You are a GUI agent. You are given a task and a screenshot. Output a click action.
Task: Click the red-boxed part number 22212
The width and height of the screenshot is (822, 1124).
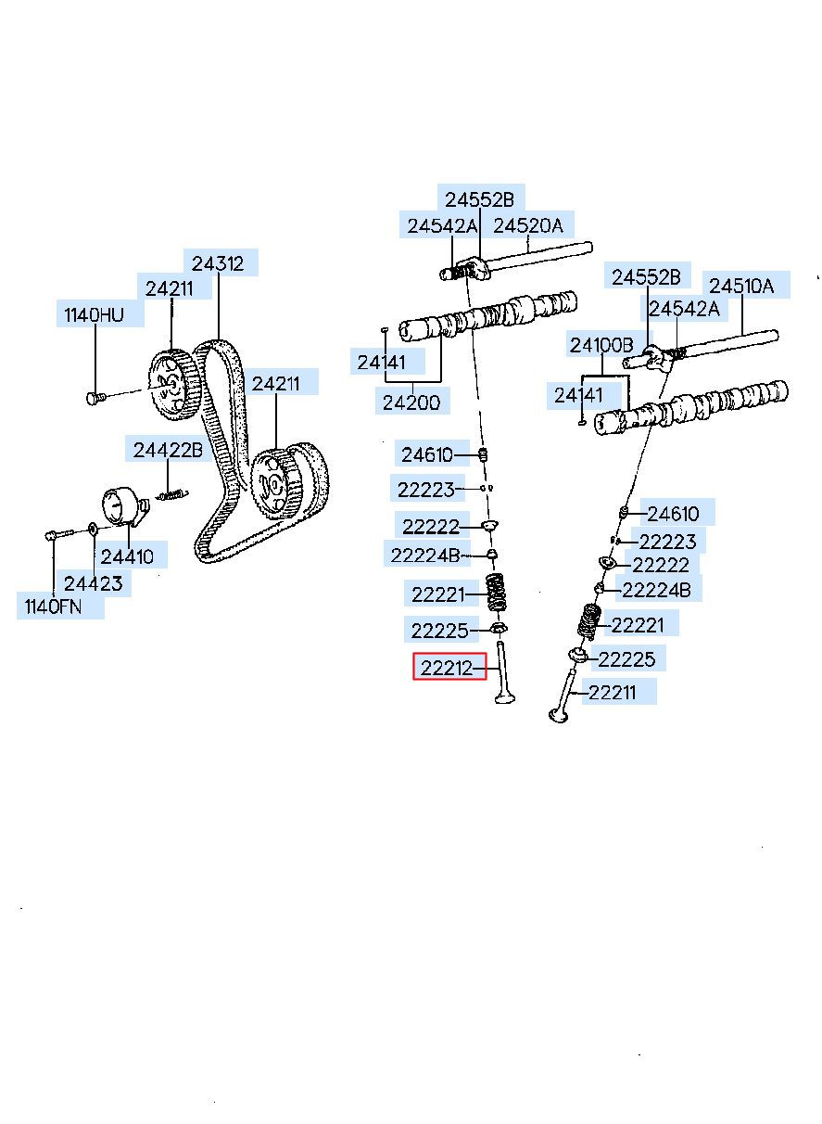tap(449, 667)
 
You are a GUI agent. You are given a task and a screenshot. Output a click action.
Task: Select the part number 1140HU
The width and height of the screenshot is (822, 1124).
tap(94, 315)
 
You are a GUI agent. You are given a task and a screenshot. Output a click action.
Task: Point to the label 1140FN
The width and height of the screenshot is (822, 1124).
tap(54, 607)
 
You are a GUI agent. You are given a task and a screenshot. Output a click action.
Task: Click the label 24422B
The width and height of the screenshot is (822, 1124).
tap(167, 451)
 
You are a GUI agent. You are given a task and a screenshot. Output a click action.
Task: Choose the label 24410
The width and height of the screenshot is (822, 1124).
tap(128, 556)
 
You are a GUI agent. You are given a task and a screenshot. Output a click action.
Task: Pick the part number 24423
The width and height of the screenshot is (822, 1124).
tap(93, 583)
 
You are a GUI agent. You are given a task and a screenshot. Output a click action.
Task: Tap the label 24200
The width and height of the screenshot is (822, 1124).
tap(412, 402)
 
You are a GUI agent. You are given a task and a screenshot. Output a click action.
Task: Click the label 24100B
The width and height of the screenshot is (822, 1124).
tap(601, 345)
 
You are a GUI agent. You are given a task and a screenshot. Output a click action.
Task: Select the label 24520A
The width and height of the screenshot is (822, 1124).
tap(527, 225)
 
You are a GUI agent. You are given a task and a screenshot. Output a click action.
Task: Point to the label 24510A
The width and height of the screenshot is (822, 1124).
tap(741, 286)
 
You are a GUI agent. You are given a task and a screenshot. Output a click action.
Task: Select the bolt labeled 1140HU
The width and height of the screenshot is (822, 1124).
tap(94, 398)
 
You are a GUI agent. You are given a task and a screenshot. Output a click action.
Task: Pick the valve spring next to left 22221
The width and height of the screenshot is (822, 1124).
tap(498, 592)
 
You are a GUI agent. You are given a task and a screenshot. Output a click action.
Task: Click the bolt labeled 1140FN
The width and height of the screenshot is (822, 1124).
tap(57, 534)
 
